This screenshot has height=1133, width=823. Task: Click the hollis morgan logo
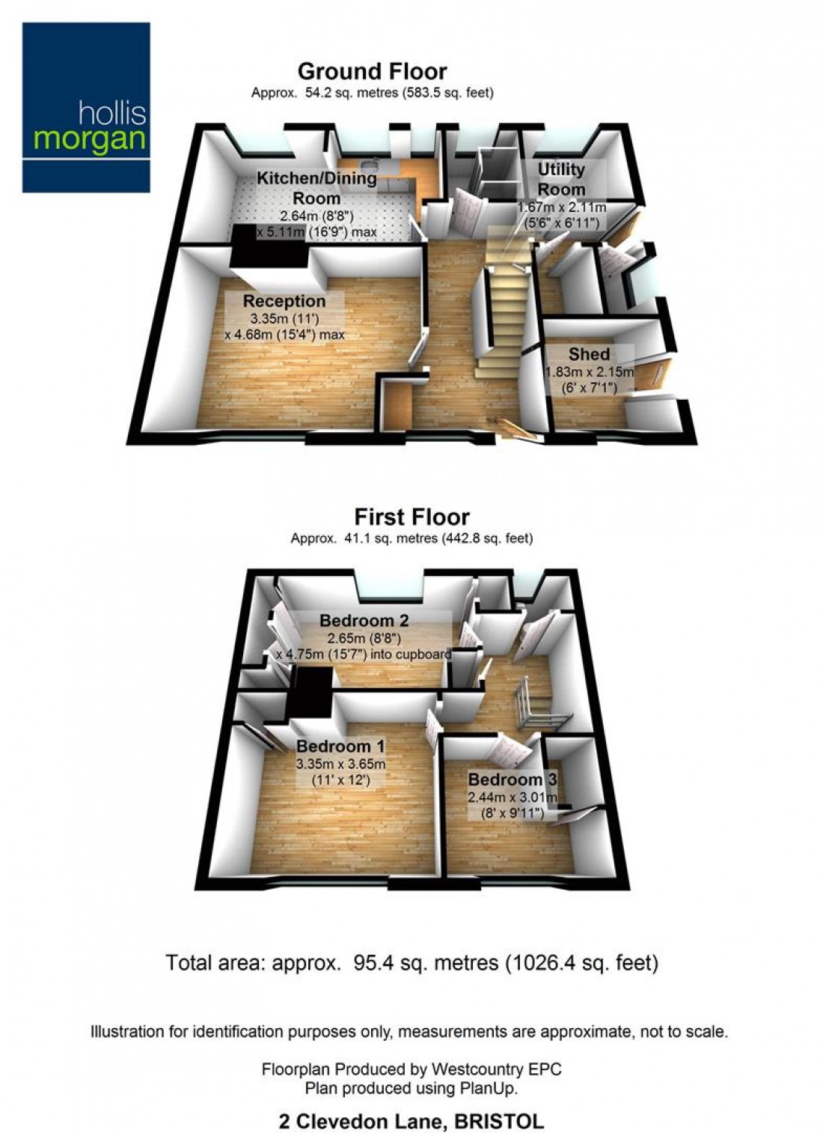point(86,107)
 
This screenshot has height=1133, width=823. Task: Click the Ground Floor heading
point(372,71)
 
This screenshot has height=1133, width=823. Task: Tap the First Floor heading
point(411,517)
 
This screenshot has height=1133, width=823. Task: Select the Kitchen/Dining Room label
point(316,188)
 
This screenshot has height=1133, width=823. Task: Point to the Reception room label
point(284,301)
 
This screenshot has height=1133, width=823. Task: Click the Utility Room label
point(561,179)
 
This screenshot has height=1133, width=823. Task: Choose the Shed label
point(589,354)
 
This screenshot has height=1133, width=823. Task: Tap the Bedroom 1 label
point(340,747)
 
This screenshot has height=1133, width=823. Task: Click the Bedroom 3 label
point(513,779)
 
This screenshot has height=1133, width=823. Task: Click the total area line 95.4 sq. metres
point(411,962)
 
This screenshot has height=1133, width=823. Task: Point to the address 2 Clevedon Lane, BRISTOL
point(411,1121)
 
